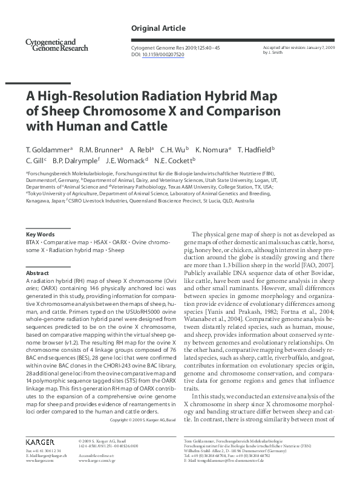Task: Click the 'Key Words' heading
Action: point(41,234)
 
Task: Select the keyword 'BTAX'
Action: point(34,242)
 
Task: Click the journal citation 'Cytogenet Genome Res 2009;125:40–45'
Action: point(173,47)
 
